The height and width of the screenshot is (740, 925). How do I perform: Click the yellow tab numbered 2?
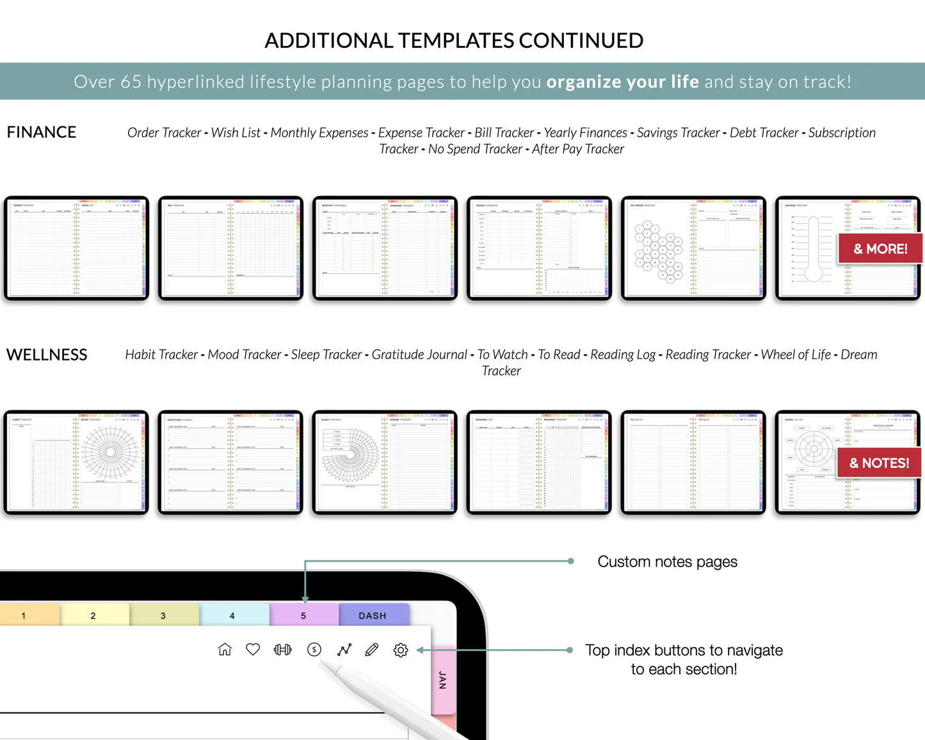point(93,615)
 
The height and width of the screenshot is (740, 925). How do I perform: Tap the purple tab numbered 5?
point(303,615)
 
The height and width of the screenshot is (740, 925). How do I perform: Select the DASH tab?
point(373,615)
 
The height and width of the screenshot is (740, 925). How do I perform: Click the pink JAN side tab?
point(442,680)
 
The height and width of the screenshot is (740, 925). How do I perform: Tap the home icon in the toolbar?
point(225,650)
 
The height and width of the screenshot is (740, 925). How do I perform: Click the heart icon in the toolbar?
point(253,650)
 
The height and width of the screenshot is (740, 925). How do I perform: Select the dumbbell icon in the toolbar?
point(282,650)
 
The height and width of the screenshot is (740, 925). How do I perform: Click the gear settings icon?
point(401,650)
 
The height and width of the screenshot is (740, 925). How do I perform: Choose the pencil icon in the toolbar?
point(371,650)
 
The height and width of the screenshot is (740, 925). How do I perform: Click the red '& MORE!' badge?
point(880,249)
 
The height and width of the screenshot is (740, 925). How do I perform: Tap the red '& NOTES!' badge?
point(879,463)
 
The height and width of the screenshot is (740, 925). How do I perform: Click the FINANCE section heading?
point(42,132)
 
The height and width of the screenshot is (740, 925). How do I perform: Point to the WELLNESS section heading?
point(47,355)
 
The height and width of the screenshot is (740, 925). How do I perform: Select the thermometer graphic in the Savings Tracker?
point(813,250)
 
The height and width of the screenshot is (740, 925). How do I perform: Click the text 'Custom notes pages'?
point(667,561)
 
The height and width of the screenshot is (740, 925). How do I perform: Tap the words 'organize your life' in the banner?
point(622,82)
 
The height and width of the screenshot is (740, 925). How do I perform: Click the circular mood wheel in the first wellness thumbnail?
point(110,452)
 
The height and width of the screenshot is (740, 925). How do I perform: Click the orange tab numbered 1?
point(24,615)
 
